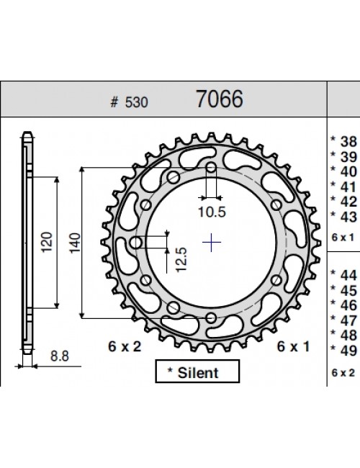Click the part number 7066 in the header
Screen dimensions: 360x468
click(x=220, y=99)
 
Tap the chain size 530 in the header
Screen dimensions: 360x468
click(x=136, y=102)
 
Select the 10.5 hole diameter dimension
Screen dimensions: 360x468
click(x=212, y=212)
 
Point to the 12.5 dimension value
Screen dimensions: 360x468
click(x=181, y=259)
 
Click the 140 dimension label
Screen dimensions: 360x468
click(x=75, y=243)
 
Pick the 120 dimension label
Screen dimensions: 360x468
click(x=47, y=242)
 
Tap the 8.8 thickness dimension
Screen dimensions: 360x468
click(x=60, y=356)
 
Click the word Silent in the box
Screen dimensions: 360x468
click(x=198, y=373)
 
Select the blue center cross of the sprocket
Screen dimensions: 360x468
click(x=212, y=242)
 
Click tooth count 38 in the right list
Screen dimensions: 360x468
click(x=348, y=141)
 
